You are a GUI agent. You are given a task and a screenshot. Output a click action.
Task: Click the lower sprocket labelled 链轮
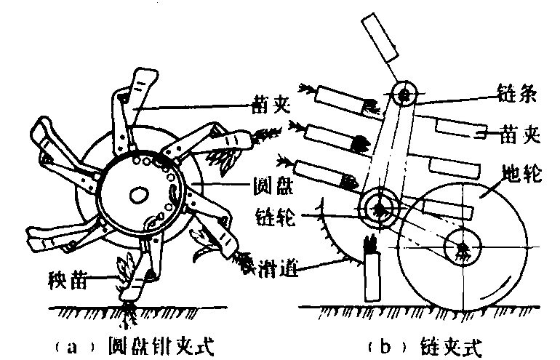[x=378, y=207]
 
